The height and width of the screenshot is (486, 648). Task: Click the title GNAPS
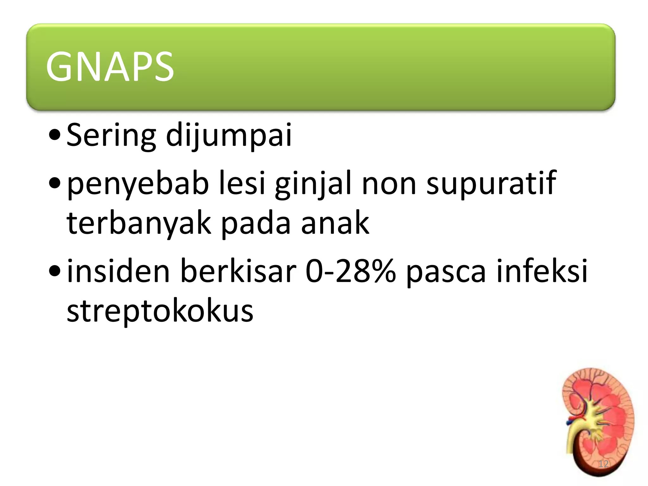click(110, 67)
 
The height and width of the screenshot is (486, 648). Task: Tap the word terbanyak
click(139, 224)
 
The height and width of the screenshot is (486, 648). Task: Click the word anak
click(335, 223)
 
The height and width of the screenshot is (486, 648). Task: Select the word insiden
click(119, 271)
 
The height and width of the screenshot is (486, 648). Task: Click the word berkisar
click(238, 271)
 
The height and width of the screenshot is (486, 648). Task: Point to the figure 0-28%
click(351, 271)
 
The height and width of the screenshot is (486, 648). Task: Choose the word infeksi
click(542, 271)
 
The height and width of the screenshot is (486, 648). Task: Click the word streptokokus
click(160, 311)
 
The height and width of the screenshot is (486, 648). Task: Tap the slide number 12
click(603, 464)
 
